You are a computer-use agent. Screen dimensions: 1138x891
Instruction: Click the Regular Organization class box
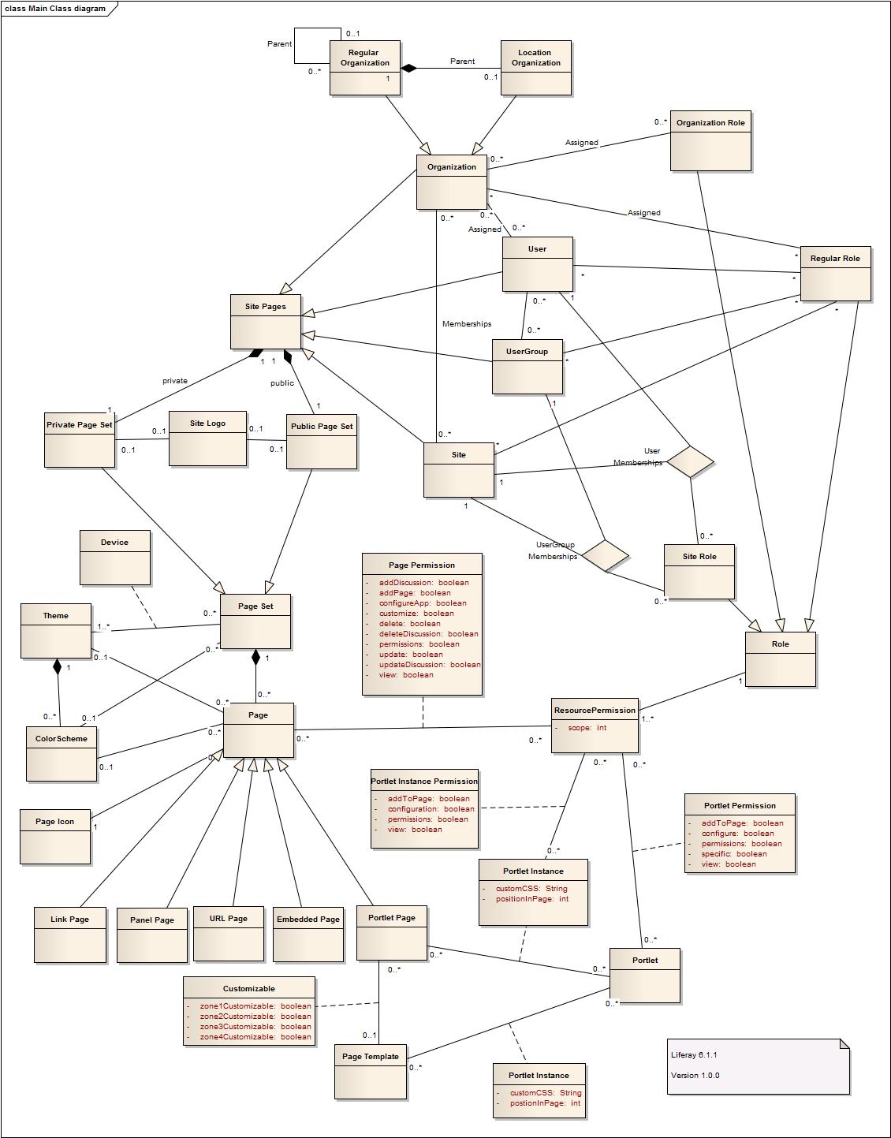click(364, 68)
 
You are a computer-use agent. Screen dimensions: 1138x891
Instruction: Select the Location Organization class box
click(535, 68)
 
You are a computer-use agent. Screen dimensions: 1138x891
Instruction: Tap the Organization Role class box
click(710, 140)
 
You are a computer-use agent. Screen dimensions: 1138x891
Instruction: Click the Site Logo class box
click(207, 438)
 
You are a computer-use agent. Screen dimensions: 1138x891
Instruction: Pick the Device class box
click(114, 557)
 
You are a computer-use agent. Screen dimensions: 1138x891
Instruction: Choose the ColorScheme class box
click(62, 753)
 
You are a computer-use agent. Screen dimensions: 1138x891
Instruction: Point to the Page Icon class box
click(54, 836)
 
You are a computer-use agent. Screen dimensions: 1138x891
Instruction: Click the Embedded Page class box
click(308, 935)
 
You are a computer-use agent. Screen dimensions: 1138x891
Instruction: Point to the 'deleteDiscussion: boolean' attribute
click(428, 634)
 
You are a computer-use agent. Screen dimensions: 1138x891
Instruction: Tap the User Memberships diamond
click(690, 461)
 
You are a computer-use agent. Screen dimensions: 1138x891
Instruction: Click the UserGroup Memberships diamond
click(605, 555)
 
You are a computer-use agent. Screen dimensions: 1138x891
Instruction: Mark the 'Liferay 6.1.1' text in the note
click(694, 1055)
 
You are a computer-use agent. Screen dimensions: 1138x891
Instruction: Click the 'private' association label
click(175, 381)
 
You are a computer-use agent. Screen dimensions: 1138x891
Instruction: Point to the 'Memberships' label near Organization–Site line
click(467, 324)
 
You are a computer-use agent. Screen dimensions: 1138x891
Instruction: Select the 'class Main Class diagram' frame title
click(55, 9)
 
